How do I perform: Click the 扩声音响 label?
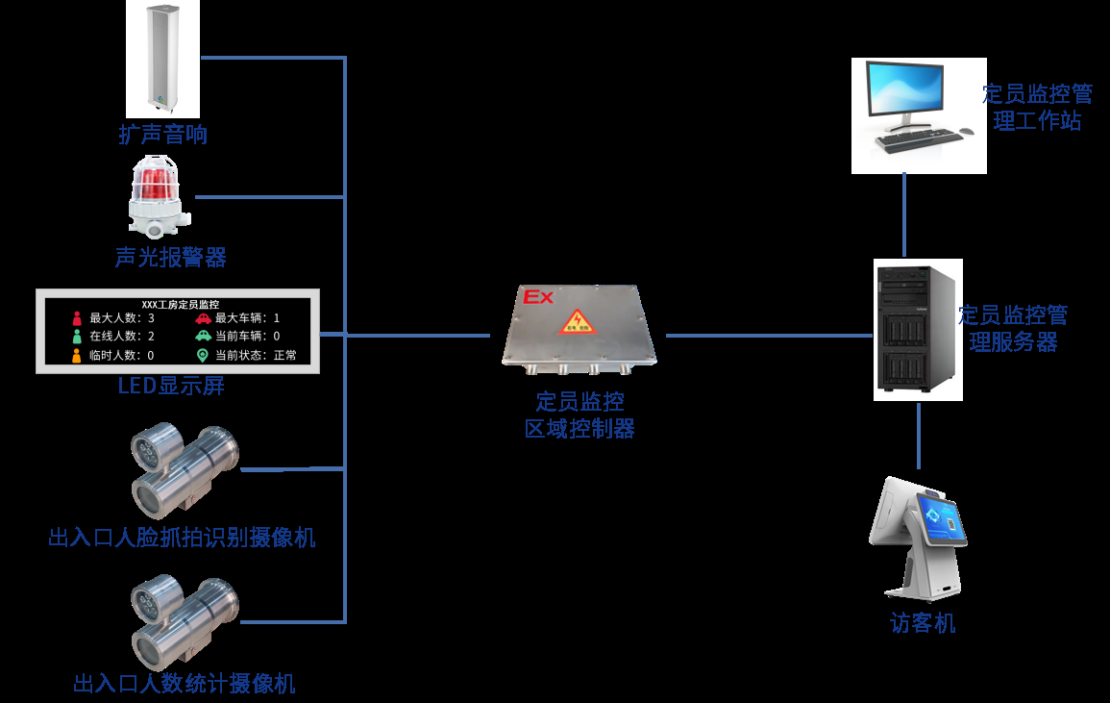point(162,135)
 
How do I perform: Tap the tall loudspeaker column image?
point(162,58)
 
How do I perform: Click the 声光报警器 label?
point(170,257)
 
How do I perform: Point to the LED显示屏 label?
point(171,387)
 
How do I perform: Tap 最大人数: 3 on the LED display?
point(122,318)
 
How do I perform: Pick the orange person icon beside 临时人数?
point(77,355)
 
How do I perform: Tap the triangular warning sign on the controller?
point(578,322)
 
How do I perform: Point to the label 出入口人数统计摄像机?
point(185,684)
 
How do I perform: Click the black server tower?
point(916,331)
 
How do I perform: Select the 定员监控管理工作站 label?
point(1037,107)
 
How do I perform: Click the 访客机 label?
point(923,623)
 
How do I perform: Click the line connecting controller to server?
point(769,336)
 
